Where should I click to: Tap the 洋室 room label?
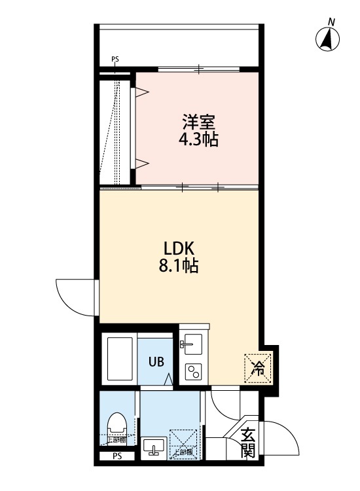pyautogui.click(x=199, y=122)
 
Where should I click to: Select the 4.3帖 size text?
pyautogui.click(x=199, y=139)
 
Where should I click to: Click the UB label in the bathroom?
pyautogui.click(x=156, y=361)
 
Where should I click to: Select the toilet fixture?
pyautogui.click(x=117, y=424)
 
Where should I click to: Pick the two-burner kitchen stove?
pyautogui.click(x=194, y=372)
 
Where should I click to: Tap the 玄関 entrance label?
pyautogui.click(x=248, y=442)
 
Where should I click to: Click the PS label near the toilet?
pyautogui.click(x=117, y=456)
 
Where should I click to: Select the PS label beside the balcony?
pyautogui.click(x=115, y=60)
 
